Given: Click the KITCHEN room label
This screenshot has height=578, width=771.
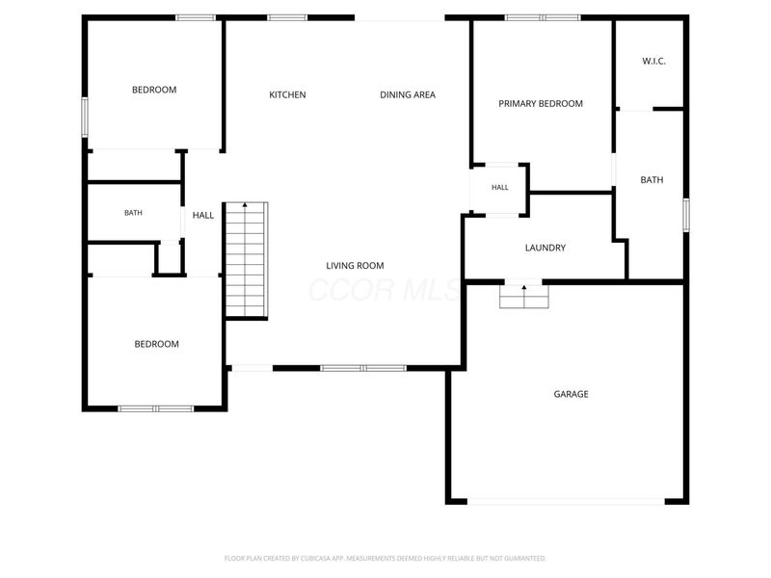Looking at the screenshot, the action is (x=287, y=94).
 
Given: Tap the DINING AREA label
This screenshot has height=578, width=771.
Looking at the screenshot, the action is (x=408, y=94).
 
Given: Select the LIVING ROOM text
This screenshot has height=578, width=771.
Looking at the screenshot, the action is (x=355, y=266).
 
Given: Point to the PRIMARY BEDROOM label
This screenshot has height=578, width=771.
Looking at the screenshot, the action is (x=541, y=104).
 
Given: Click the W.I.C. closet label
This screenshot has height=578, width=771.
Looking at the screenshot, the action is (x=654, y=62).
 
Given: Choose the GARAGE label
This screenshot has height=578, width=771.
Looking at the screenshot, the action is (x=571, y=394).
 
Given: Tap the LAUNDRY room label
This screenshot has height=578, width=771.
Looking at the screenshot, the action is (x=545, y=248).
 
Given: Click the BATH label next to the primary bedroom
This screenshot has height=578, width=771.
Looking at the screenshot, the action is (x=652, y=180).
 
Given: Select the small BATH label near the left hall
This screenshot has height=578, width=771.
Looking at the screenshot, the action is (x=133, y=213).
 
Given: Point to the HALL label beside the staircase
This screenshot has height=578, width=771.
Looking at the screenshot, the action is (x=203, y=215).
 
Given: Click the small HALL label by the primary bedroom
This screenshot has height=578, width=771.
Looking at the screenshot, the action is (x=500, y=187).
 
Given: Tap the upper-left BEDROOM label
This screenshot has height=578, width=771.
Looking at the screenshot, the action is (x=154, y=90).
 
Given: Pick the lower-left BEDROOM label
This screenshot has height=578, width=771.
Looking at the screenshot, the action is (x=157, y=344).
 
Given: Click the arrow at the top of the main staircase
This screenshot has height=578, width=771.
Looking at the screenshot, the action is (x=245, y=204).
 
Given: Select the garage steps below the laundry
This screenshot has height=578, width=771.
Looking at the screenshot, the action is (x=524, y=297).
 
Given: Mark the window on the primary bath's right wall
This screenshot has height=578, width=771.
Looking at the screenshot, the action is (x=686, y=215).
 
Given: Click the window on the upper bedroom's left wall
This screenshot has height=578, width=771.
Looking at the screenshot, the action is (x=85, y=117).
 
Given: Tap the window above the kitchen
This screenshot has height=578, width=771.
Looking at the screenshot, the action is (x=287, y=17).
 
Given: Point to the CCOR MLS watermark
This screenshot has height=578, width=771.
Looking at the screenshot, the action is (x=385, y=290).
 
